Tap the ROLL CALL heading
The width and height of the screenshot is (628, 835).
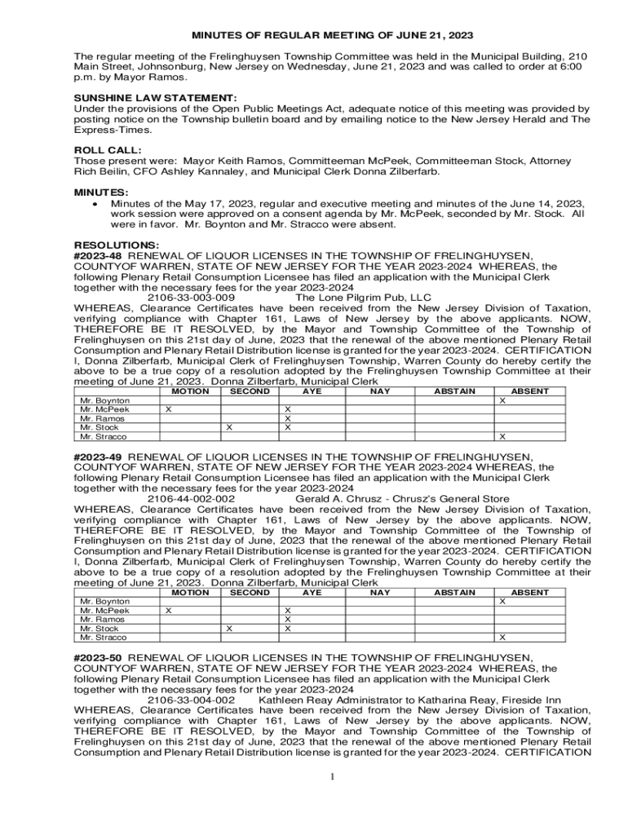click(x=108, y=151)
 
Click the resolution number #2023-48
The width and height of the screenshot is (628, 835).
click(x=99, y=256)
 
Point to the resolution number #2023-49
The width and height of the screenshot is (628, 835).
click(x=99, y=457)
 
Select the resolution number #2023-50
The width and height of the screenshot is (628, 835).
click(x=99, y=658)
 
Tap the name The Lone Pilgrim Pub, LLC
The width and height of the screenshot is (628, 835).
click(x=363, y=298)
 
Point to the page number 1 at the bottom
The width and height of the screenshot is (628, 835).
click(x=333, y=777)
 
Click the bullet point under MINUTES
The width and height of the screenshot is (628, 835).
click(x=96, y=204)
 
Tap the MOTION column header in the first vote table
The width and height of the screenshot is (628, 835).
click(x=190, y=391)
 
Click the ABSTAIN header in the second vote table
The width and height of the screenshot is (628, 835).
click(x=454, y=593)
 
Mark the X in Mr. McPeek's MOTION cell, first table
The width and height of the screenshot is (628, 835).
click(x=168, y=410)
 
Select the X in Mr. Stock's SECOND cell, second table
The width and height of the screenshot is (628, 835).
click(x=229, y=629)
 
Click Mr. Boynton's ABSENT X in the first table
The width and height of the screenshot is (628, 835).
click(x=502, y=401)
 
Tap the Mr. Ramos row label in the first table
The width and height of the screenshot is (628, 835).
click(x=97, y=419)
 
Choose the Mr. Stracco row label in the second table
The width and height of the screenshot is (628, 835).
click(x=99, y=638)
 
